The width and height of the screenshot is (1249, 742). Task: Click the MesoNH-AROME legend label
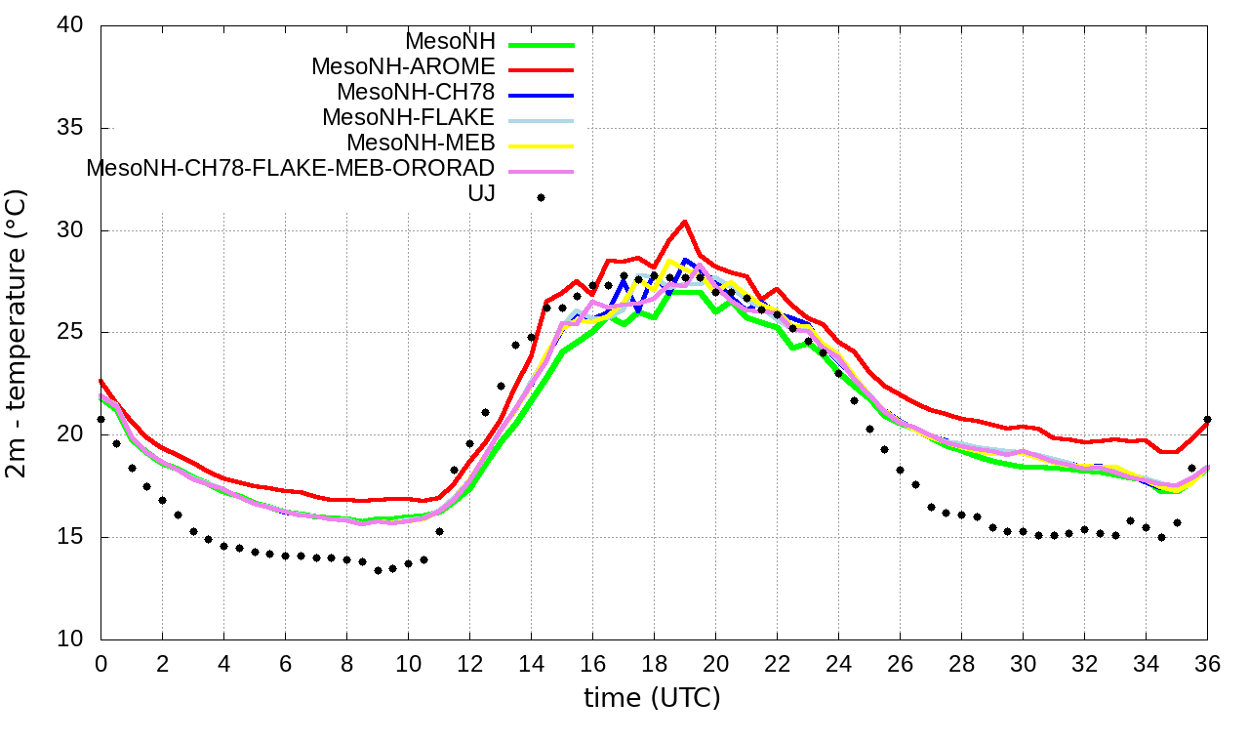403,66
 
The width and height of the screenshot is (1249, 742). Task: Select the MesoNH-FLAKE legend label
409,117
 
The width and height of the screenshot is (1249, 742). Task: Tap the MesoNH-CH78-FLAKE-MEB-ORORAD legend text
291,168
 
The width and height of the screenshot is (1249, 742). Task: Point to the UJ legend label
482,193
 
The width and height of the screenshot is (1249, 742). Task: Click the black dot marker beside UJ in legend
541,197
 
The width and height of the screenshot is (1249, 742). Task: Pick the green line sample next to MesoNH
540,44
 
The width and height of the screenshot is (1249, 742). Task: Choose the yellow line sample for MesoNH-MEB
540,145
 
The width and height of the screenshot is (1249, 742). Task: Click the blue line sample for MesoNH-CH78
540,95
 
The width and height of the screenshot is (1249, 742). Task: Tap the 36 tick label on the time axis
1208,663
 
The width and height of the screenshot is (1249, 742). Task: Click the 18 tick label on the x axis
654,663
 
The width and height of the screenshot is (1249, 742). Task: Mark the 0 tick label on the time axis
101,663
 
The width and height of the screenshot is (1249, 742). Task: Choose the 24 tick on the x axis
838,663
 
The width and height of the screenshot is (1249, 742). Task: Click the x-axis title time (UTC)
653,698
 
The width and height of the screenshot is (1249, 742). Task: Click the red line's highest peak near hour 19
685,222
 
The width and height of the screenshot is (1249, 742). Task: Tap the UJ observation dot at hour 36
1208,419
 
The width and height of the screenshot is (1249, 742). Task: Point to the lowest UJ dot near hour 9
378,570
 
